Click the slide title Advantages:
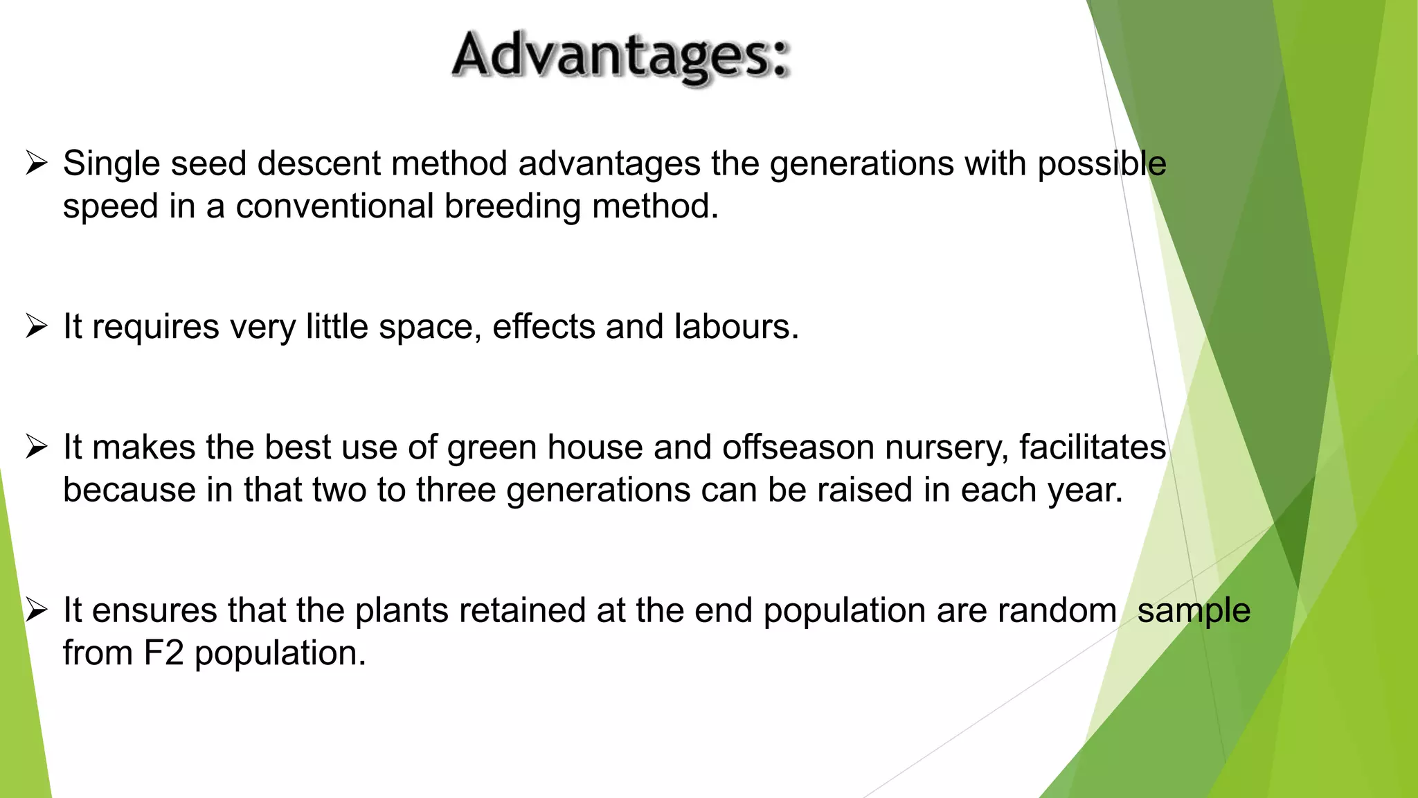(x=620, y=57)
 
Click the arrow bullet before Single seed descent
(x=36, y=164)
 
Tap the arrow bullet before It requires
(x=36, y=326)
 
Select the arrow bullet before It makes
(x=36, y=447)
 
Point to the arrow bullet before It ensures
(x=36, y=611)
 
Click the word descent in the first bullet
(x=318, y=164)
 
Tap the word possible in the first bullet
(x=1102, y=164)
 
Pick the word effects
(x=544, y=326)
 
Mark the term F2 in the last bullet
(x=163, y=653)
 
